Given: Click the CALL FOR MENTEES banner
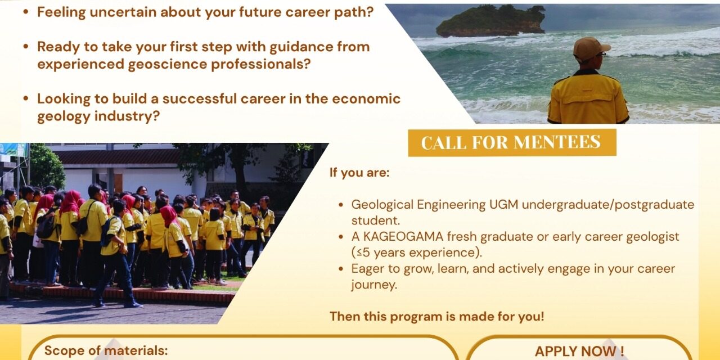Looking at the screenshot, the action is pyautogui.click(x=512, y=142).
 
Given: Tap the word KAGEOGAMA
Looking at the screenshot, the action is pyautogui.click(x=403, y=237).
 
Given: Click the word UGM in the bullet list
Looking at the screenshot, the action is pyautogui.click(x=503, y=204).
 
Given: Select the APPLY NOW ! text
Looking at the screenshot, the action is pyautogui.click(x=579, y=352).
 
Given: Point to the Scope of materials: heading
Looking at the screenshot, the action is pyautogui.click(x=106, y=350).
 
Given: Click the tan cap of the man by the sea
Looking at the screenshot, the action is pyautogui.click(x=591, y=48).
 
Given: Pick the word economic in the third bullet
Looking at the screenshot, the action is pyautogui.click(x=366, y=98).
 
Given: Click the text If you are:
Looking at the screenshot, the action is pyautogui.click(x=359, y=173).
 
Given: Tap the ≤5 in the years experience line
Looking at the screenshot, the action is pyautogui.click(x=361, y=253).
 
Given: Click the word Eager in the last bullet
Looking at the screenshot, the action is pyautogui.click(x=367, y=269).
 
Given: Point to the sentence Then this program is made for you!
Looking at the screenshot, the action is pyautogui.click(x=437, y=316).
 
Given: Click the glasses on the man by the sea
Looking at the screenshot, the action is pyautogui.click(x=601, y=55).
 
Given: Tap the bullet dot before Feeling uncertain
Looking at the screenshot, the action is pyautogui.click(x=26, y=12).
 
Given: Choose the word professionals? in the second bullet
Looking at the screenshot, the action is pyautogui.click(x=260, y=64).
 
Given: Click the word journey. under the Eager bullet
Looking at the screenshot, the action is pyautogui.click(x=374, y=285).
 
